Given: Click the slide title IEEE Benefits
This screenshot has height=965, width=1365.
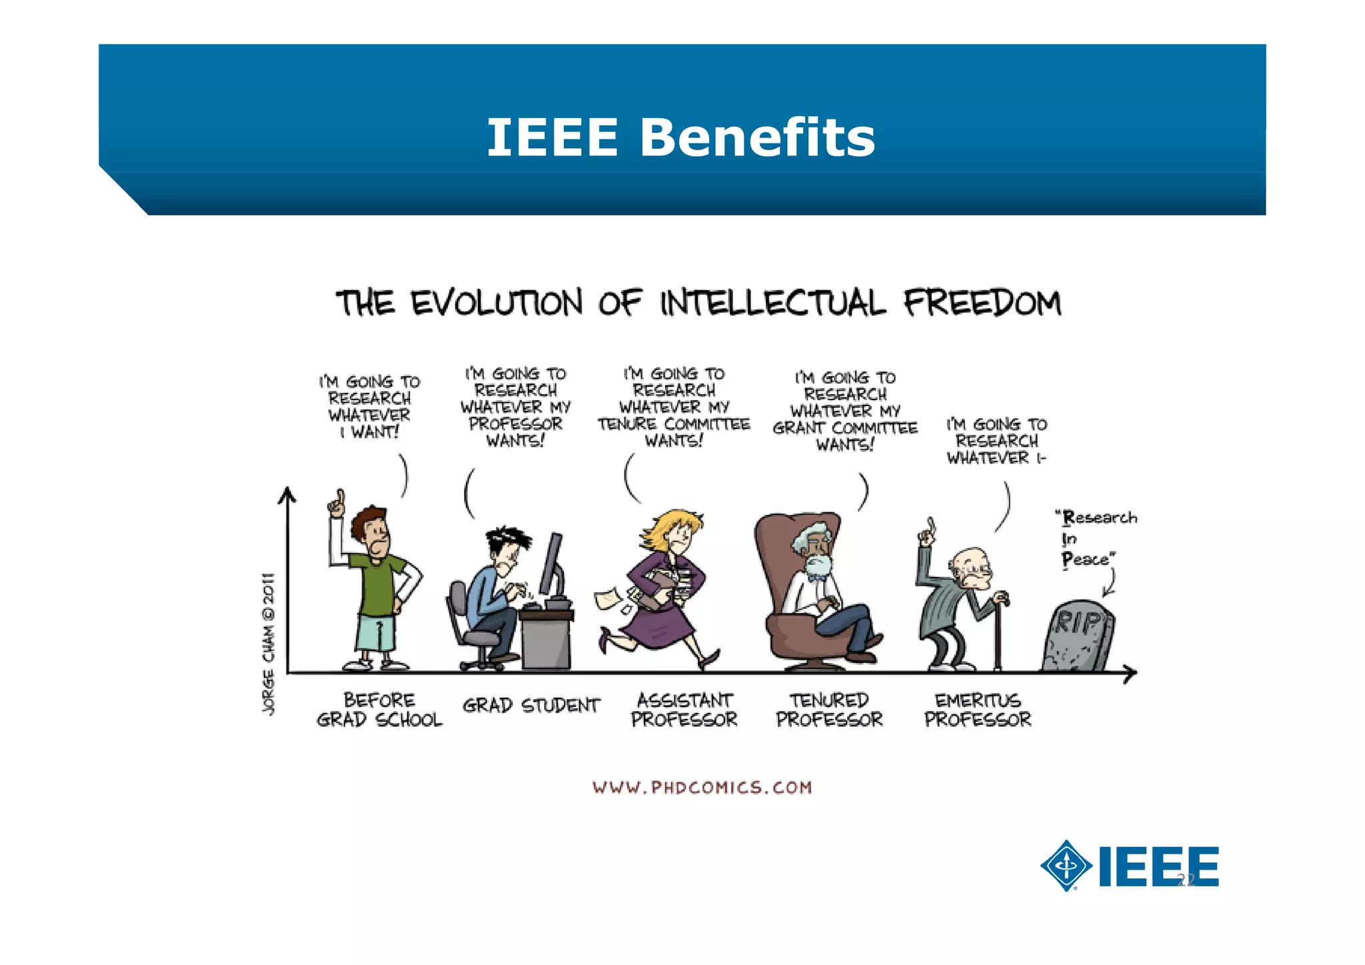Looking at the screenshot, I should coord(681,137).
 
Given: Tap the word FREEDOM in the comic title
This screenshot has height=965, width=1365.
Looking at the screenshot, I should coord(982,303).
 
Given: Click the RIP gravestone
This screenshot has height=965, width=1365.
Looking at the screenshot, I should coord(1078,637).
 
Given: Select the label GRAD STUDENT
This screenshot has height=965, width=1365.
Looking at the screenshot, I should coord(531,706).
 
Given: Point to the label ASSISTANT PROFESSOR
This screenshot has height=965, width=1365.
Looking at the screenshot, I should coord(684,710).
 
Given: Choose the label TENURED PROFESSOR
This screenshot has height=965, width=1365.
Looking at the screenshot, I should coord(829,710).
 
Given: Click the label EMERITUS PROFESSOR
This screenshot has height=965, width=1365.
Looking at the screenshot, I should coord(977,710).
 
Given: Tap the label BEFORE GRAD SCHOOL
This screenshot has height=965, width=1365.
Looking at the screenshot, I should coord(379,710).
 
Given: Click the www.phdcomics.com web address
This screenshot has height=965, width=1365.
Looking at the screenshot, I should coord(702,788).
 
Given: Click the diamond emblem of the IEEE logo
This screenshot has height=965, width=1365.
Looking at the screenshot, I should coord(1066,866).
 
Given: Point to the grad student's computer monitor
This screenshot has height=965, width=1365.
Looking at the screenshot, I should coord(551,564).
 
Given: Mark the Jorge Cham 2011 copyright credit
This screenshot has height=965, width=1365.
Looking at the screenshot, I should coord(269,644).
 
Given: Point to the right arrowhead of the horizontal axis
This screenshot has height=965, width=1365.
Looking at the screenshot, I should coord(1130,674).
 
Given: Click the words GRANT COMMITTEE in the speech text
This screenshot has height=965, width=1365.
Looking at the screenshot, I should coord(844,428).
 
